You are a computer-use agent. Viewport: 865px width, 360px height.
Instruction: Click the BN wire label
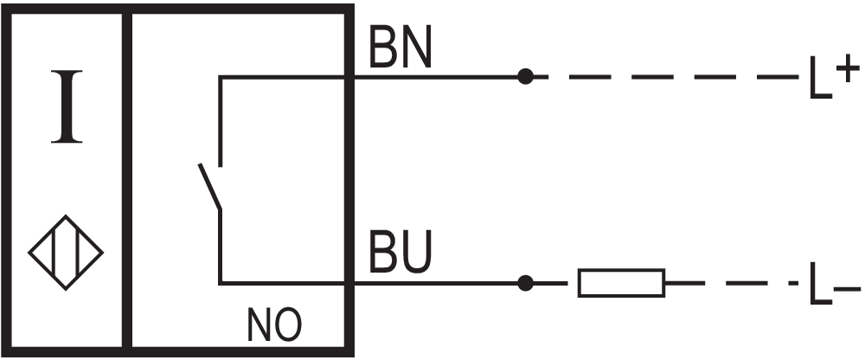tap(400, 48)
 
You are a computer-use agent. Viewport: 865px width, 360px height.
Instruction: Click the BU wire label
tap(400, 253)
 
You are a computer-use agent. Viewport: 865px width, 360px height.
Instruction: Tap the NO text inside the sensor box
tap(274, 325)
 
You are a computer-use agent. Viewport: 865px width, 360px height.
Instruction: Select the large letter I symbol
tap(67, 106)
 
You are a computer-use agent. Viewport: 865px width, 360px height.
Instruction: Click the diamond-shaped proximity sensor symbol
tap(66, 253)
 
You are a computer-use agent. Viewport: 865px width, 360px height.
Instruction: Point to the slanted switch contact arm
tap(210, 186)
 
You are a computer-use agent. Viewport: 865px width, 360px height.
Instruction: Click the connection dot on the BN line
tap(525, 77)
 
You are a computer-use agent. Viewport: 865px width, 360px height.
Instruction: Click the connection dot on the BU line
tap(525, 283)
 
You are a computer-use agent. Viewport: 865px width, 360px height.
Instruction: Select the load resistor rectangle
tap(621, 283)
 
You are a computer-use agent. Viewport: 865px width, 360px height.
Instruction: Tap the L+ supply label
tap(834, 76)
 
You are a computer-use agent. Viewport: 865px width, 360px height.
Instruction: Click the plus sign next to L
tap(848, 67)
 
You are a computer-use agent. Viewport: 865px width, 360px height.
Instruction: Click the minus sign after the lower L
tap(848, 288)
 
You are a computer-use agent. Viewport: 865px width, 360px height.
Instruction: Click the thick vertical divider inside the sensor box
tap(127, 181)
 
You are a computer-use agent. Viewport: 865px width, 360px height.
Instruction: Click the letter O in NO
tap(289, 325)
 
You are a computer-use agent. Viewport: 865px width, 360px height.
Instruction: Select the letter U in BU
tap(416, 253)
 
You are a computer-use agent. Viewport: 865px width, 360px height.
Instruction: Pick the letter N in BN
tap(416, 48)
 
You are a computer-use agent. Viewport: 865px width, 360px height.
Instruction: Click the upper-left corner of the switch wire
tap(221, 77)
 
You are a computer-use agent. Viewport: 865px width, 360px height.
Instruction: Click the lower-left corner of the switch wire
tap(221, 283)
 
